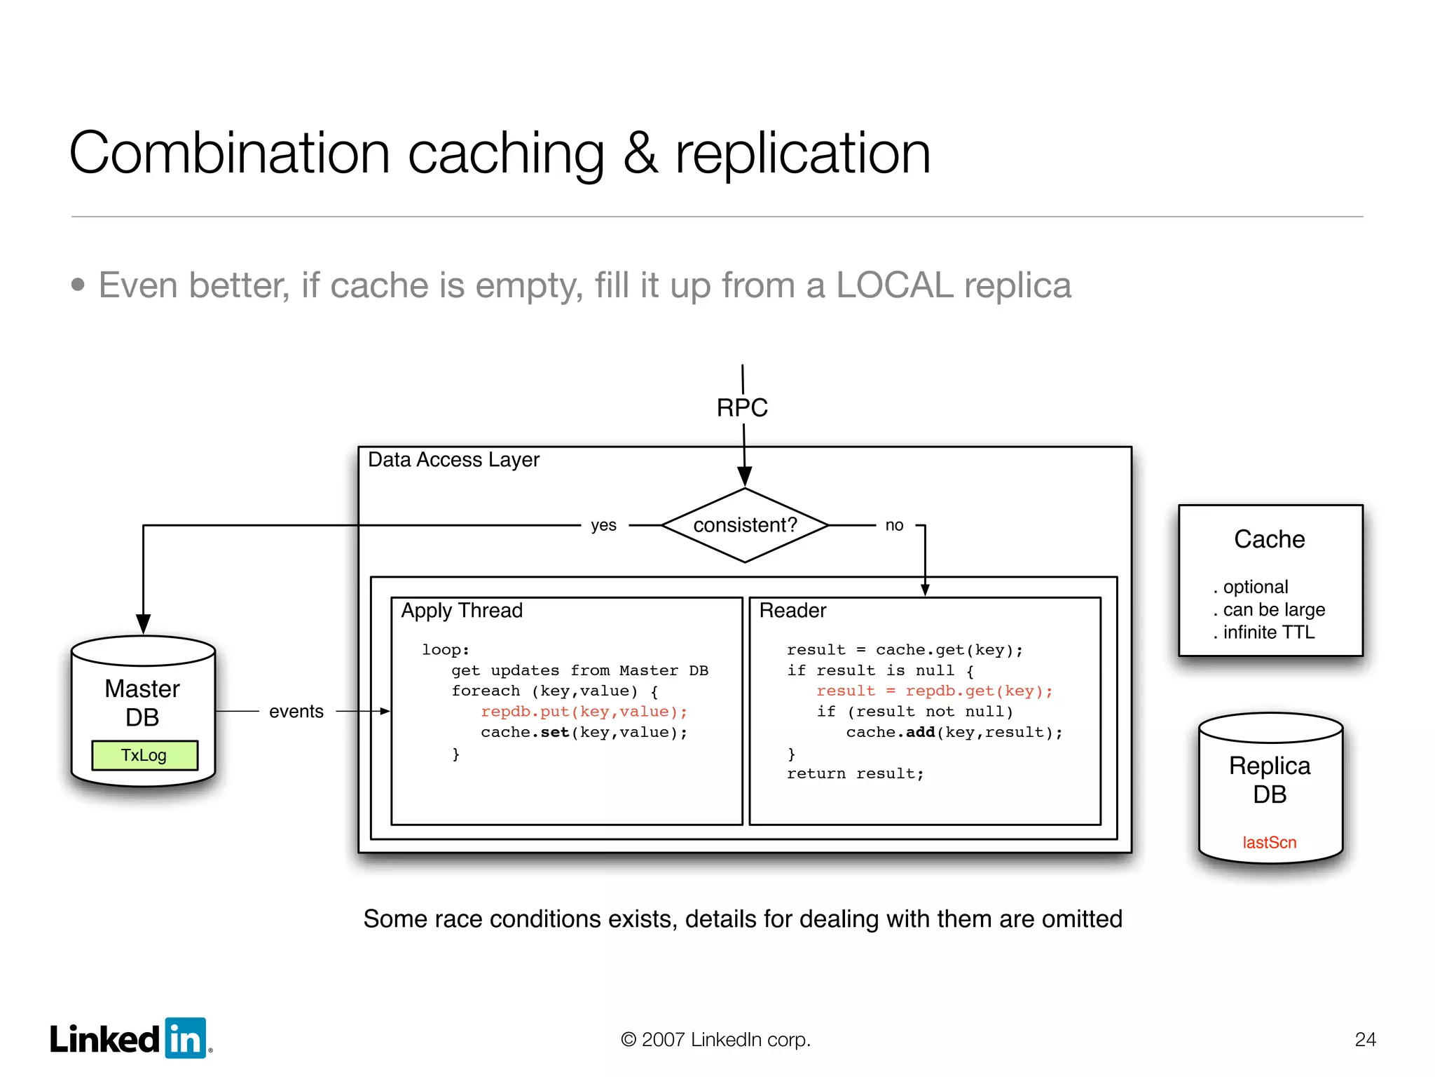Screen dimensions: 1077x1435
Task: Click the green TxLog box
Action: point(144,755)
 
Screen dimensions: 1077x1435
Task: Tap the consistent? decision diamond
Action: point(745,525)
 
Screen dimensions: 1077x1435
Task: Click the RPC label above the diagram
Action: point(742,407)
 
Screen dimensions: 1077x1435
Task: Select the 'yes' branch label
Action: point(603,525)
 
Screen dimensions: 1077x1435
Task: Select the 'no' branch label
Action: point(894,525)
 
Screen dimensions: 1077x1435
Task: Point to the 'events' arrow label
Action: point(296,711)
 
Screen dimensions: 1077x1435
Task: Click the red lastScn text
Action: point(1269,842)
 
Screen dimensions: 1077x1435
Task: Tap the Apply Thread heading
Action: point(462,610)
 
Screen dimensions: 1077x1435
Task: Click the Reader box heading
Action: point(792,610)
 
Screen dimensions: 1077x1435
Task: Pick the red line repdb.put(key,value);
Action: point(584,712)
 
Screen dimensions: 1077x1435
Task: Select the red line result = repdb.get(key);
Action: point(934,691)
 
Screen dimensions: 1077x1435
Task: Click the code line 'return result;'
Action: point(855,773)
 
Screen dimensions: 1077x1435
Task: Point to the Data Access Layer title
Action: point(453,459)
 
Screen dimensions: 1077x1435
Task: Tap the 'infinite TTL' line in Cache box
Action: point(1268,632)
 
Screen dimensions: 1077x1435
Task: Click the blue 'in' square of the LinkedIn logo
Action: point(186,1038)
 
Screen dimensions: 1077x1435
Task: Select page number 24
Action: point(1365,1039)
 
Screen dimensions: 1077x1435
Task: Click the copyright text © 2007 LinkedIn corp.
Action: point(715,1039)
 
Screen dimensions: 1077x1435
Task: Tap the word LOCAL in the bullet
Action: point(894,285)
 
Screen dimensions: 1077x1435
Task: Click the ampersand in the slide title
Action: point(640,153)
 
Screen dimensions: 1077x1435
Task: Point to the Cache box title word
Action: point(1269,539)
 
